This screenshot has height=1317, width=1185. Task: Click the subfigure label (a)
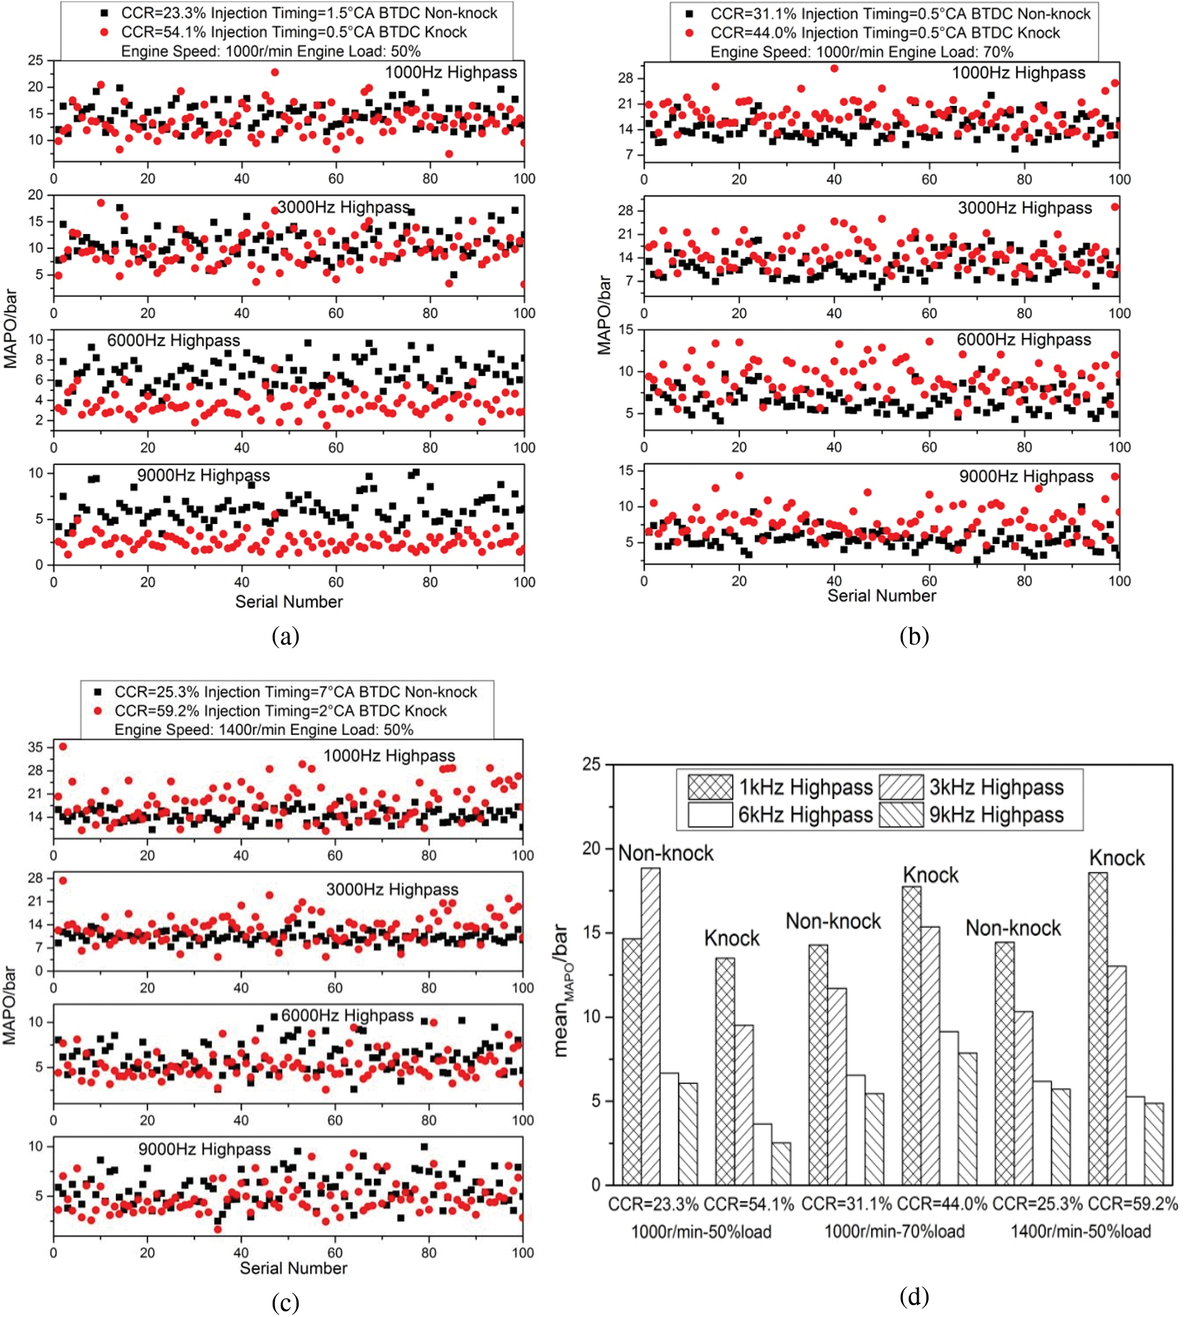click(285, 635)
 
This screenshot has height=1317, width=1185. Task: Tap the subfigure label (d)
click(914, 1297)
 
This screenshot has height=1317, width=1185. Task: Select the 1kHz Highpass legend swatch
click(710, 787)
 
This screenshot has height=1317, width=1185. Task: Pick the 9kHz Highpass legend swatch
click(901, 815)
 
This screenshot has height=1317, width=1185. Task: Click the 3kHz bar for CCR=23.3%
click(650, 1026)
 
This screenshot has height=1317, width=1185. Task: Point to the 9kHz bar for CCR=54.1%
click(780, 1163)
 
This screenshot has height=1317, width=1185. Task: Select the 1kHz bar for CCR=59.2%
click(1097, 1029)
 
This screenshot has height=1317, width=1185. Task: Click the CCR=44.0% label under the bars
click(942, 1204)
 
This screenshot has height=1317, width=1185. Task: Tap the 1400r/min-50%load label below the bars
click(1080, 1232)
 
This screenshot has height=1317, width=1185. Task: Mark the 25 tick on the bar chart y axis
click(591, 764)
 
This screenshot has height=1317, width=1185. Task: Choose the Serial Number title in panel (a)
click(288, 601)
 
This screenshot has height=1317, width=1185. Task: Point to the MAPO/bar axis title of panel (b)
click(604, 314)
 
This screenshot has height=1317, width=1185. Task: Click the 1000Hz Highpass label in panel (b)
click(1018, 73)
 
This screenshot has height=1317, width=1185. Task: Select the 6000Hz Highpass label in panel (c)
click(347, 1015)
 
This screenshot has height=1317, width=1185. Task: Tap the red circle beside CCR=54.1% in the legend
click(104, 32)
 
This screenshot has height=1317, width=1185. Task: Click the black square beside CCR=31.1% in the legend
click(690, 14)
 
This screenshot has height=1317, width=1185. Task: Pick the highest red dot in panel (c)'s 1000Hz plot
click(62, 746)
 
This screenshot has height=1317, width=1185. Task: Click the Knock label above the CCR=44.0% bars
click(930, 875)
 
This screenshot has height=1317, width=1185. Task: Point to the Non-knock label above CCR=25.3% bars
click(1013, 928)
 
